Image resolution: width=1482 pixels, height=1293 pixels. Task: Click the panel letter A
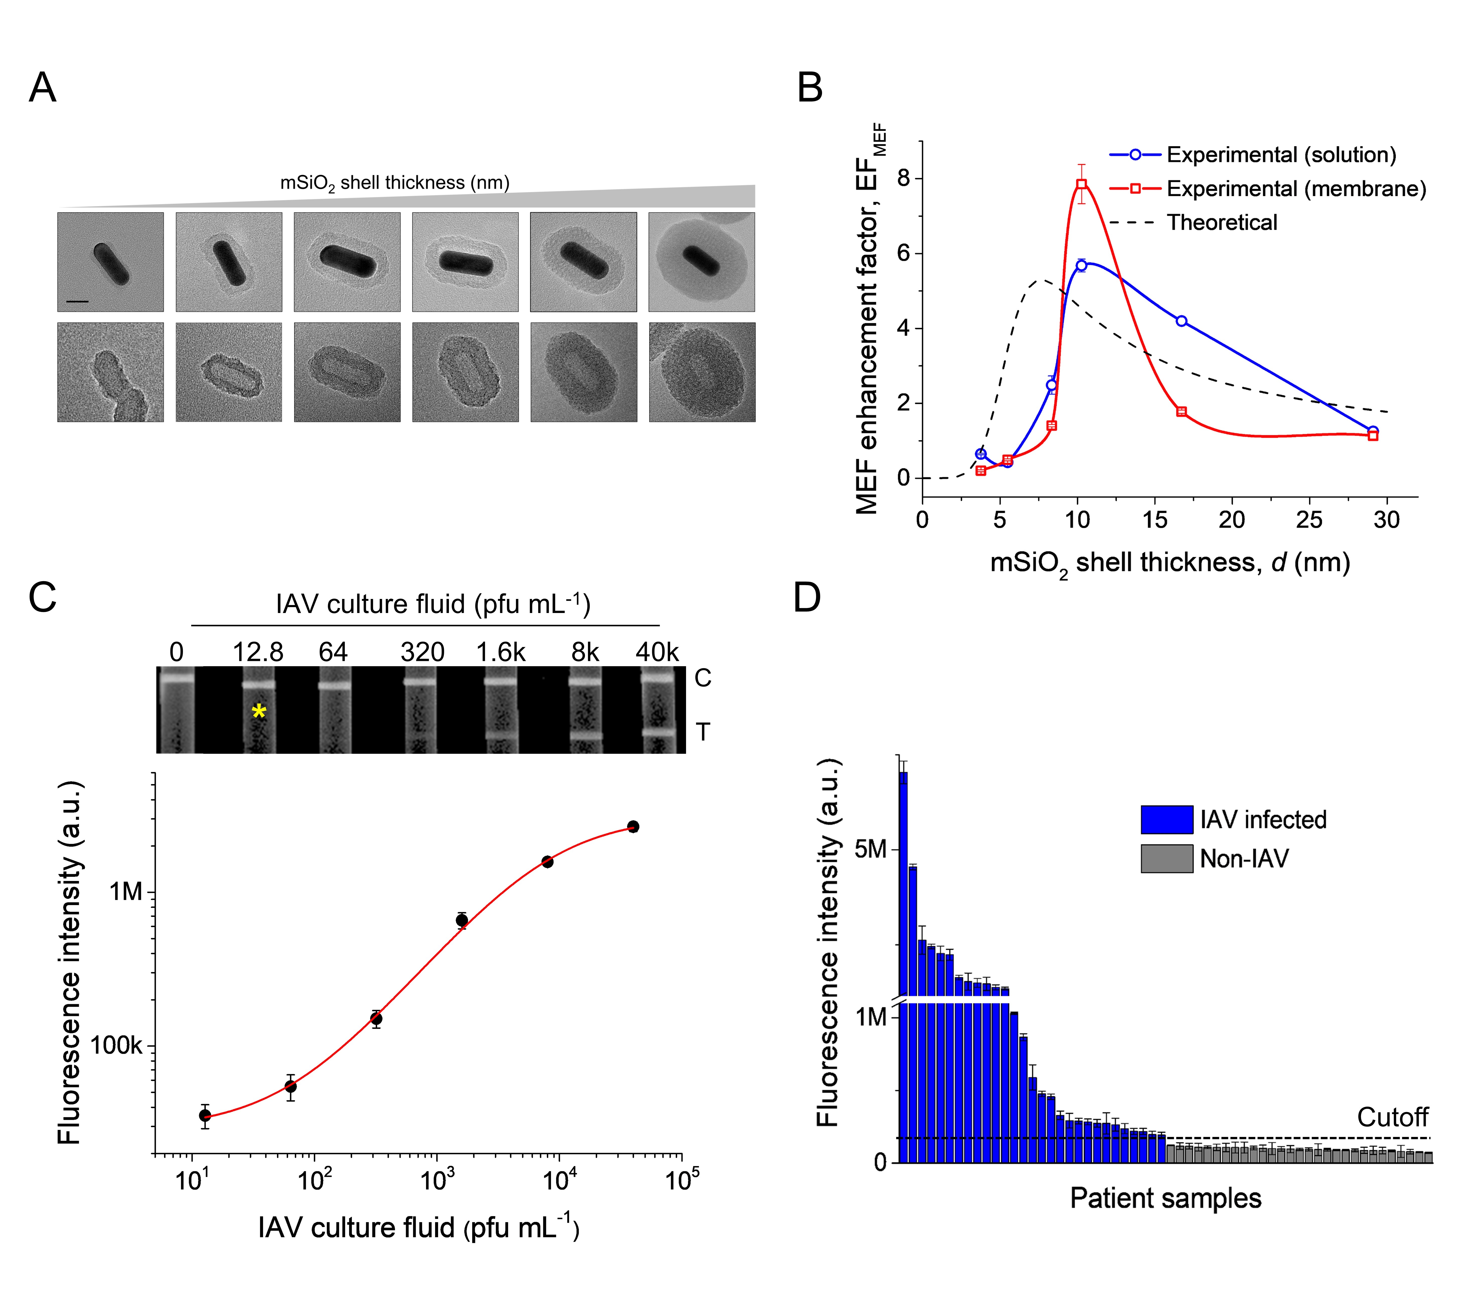(43, 89)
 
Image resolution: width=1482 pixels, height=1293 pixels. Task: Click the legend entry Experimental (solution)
(1281, 155)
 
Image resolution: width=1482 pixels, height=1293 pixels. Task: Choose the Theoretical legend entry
(1222, 222)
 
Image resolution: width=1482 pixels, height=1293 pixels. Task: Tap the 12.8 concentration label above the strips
(258, 652)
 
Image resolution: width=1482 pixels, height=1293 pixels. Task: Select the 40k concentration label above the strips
(657, 652)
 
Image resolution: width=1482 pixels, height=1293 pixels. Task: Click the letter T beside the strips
(703, 732)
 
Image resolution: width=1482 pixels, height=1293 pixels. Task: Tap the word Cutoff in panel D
(1392, 1117)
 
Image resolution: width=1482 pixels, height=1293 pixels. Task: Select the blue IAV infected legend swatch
(1167, 820)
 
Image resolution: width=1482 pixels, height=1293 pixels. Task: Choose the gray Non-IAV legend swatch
(1167, 859)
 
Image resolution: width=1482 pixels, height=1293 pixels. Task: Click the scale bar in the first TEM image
(77, 300)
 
